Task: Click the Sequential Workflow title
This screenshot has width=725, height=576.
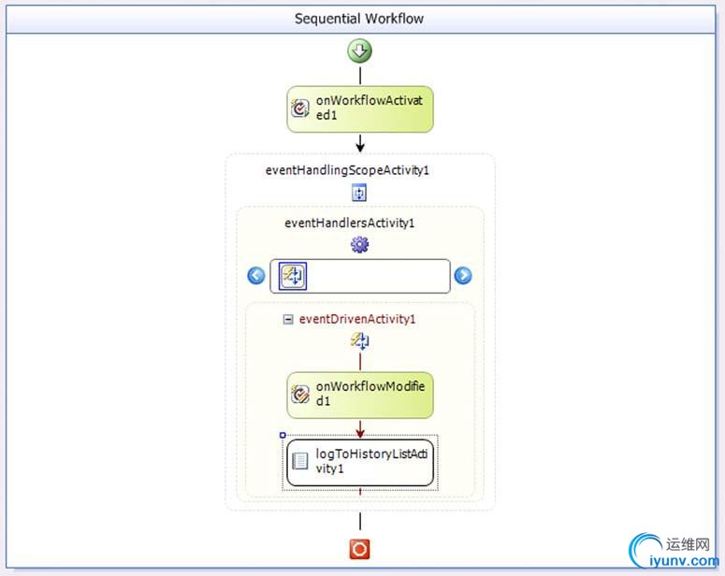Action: coord(359,19)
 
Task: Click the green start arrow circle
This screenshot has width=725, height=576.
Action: coord(360,50)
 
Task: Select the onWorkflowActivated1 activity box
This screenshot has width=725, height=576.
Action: coord(360,110)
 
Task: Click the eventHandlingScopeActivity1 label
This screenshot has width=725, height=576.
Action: coord(347,170)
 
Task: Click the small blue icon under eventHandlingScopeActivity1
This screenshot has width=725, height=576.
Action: coord(359,193)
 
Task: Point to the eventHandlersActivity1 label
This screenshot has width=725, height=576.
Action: coord(349,223)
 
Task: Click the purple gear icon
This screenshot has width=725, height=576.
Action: coord(359,245)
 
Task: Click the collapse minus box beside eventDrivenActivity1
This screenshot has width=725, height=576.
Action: coord(288,319)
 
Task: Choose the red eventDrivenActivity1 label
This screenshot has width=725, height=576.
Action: coord(357,319)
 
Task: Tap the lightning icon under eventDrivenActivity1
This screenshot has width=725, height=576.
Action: coord(359,342)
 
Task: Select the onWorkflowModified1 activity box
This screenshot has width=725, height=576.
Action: coord(360,394)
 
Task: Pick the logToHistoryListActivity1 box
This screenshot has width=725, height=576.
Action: coord(360,462)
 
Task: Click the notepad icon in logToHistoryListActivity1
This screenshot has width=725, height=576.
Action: coord(301,461)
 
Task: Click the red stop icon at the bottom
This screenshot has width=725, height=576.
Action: coord(359,548)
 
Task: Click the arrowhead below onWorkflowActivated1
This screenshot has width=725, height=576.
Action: coord(360,146)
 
